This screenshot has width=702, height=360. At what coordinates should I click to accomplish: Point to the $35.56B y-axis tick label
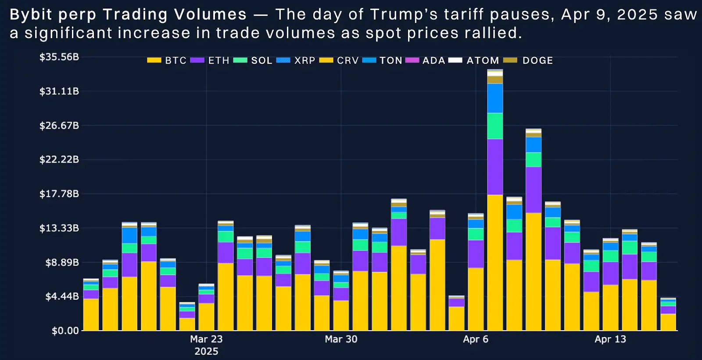click(59, 57)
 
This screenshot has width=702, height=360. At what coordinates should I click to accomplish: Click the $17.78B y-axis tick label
click(59, 194)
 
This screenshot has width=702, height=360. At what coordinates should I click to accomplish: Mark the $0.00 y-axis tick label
click(65, 331)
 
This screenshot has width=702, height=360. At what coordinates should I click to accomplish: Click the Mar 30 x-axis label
click(341, 339)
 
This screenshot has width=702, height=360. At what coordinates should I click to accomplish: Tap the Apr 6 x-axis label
click(476, 339)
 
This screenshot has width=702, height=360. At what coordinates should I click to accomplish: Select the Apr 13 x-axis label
click(610, 339)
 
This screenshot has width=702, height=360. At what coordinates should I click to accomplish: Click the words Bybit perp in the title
click(53, 15)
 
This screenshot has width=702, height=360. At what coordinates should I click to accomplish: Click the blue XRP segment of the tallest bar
click(495, 98)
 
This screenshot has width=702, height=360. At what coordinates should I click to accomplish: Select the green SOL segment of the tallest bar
click(495, 126)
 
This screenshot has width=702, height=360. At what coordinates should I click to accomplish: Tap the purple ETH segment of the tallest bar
click(495, 167)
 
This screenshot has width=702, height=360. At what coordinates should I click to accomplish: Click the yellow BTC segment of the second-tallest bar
click(534, 272)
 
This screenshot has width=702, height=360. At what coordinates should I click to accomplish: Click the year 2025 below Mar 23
click(206, 351)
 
